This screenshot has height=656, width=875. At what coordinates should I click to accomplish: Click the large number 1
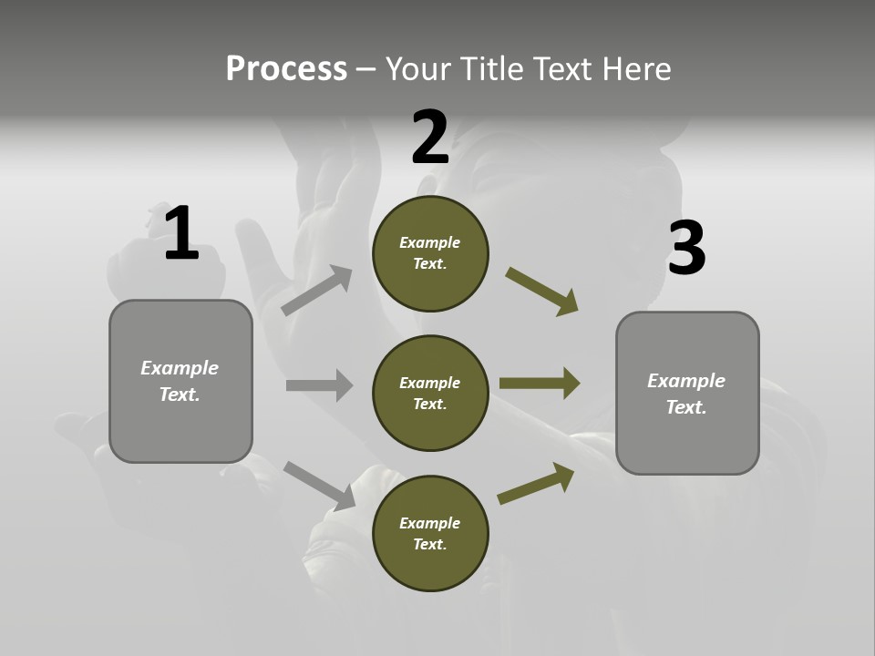[181, 233]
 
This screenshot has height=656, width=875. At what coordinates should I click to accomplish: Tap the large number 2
[430, 138]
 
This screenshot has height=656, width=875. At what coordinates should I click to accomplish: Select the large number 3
[686, 249]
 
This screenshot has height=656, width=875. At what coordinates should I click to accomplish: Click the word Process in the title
[286, 68]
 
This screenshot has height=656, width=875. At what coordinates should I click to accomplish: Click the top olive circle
[430, 253]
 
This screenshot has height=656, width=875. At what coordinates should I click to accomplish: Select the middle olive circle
[430, 393]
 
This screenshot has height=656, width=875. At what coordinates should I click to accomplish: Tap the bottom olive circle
[430, 533]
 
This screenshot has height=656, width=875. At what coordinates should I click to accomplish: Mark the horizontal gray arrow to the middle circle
[319, 385]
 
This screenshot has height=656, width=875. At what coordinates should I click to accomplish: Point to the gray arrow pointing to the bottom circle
[319, 485]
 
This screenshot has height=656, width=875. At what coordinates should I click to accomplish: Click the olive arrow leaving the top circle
[542, 291]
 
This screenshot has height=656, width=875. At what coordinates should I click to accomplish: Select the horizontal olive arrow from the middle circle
[540, 384]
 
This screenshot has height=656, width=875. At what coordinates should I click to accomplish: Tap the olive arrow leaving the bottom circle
[536, 484]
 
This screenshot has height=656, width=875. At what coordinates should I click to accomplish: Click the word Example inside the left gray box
[180, 368]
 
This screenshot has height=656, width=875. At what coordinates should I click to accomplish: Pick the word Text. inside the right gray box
[686, 407]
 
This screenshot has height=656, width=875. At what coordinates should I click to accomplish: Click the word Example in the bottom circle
[429, 523]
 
